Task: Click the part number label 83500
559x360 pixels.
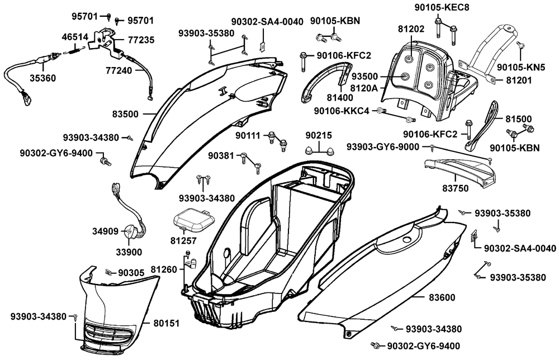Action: (x=125, y=114)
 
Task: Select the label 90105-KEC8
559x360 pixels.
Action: (x=442, y=7)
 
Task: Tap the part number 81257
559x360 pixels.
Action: (x=183, y=241)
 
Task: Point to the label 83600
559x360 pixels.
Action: (x=442, y=297)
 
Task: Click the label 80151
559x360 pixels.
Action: (x=167, y=324)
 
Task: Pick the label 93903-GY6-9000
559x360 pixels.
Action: (x=383, y=147)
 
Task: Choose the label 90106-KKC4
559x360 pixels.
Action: (x=342, y=111)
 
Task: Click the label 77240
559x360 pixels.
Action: (x=119, y=70)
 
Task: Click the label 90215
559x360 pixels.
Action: (x=319, y=135)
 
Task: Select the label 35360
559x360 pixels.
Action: (x=42, y=78)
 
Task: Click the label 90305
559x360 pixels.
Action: (x=131, y=273)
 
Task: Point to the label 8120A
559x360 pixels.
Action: (x=364, y=88)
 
